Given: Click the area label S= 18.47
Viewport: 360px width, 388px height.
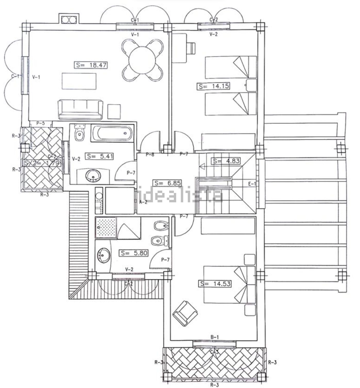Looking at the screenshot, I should (x=90, y=65).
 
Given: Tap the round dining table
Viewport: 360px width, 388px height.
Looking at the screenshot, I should (x=142, y=60).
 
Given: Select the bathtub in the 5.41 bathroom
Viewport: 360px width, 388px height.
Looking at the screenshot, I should (x=111, y=133).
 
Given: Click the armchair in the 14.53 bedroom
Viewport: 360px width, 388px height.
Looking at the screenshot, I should (x=185, y=313).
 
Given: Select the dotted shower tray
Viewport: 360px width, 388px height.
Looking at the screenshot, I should (x=106, y=228).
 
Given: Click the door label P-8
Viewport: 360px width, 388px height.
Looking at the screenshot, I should (x=150, y=155).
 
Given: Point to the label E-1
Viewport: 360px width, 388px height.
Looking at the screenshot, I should (x=252, y=184).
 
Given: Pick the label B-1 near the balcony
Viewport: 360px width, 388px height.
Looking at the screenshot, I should (x=215, y=337).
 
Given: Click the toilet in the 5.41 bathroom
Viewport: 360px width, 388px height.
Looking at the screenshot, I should (x=79, y=133).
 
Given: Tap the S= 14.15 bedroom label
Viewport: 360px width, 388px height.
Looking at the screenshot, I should (x=213, y=86).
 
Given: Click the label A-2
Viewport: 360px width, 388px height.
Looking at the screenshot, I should (x=143, y=202).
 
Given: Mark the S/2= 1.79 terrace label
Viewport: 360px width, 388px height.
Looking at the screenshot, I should (x=41, y=163).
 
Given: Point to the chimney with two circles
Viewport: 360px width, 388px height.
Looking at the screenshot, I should (x=69, y=19).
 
